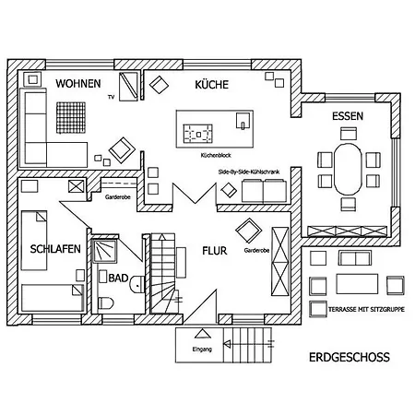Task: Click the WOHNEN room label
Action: [78, 84]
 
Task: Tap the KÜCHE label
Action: [212, 84]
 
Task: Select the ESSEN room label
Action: [348, 116]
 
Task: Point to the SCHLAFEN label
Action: [55, 249]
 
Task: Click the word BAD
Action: [118, 278]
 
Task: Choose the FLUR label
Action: [215, 251]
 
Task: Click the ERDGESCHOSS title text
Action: [350, 357]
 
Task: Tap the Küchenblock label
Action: [216, 155]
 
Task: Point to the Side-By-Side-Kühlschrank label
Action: [249, 172]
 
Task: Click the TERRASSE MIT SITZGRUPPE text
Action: [366, 309]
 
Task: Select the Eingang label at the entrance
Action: [202, 350]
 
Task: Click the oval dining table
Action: [348, 170]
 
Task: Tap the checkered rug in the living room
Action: [71, 118]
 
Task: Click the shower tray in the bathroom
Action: [105, 251]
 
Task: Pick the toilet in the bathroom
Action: [105, 303]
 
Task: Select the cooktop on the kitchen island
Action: [197, 134]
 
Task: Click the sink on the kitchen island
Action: [243, 121]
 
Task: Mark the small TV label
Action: [111, 97]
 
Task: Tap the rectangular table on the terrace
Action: [357, 284]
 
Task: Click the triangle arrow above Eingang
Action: [202, 334]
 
